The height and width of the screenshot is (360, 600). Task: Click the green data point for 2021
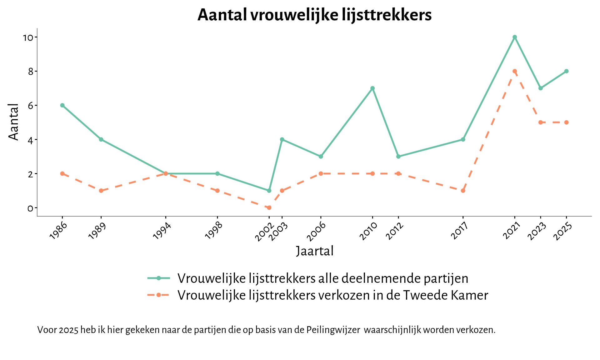pos(515,37)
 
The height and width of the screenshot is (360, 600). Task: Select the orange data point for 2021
pos(515,71)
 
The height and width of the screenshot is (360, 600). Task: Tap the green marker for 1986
pos(62,105)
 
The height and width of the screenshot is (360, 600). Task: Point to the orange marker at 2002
pos(269,207)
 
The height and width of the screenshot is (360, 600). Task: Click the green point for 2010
pos(372,88)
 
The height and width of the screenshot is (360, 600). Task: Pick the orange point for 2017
pos(463,191)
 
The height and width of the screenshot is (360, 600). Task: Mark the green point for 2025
pos(566,71)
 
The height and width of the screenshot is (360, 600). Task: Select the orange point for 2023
pos(541,122)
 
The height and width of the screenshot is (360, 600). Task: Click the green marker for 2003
pos(282,139)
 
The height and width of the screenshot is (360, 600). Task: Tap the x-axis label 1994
pos(162,231)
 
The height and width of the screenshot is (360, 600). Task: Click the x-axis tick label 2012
pos(395,231)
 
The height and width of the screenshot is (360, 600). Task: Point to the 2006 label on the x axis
pos(316,231)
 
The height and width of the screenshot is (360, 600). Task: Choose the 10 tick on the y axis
pos(28,38)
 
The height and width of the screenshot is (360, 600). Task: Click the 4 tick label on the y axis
pos(30,140)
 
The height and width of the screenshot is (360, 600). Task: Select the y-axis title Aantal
pos(13,122)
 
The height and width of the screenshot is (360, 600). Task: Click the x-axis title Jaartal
pos(315,251)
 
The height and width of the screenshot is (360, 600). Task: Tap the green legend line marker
pos(159,278)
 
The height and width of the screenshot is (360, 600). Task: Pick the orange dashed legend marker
pos(159,295)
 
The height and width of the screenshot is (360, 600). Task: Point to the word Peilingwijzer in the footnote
pos(333,330)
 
